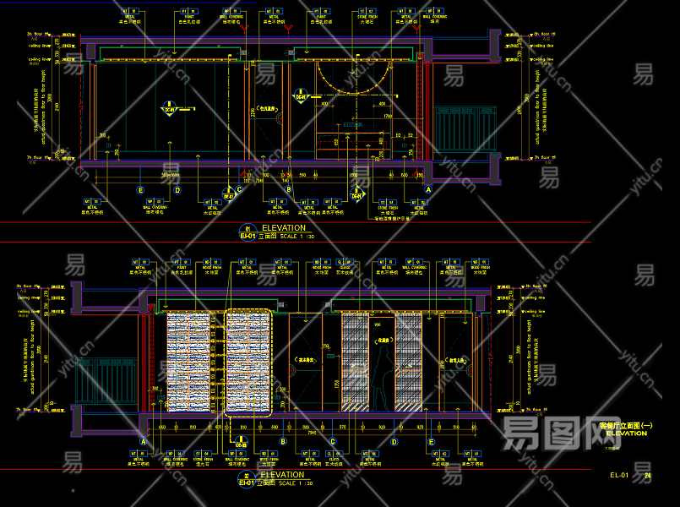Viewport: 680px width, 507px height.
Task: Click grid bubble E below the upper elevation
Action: [141, 190]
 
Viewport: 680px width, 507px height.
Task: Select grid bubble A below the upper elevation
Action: [428, 190]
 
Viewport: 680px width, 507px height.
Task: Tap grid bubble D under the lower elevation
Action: [394, 441]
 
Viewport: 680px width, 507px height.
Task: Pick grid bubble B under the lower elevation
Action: [283, 441]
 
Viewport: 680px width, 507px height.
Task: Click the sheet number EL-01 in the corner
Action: [619, 476]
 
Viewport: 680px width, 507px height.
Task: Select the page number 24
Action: [648, 476]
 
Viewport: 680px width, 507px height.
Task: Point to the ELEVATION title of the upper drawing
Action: [283, 228]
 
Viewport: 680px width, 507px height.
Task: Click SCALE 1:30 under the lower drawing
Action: [296, 483]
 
